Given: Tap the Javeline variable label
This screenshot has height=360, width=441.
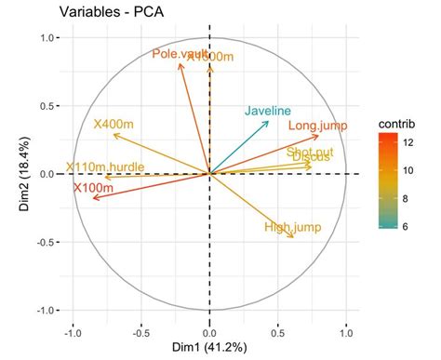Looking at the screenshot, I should (268, 111).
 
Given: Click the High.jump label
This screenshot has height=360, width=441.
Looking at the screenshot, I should (292, 227).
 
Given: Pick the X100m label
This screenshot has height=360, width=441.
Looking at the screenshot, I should (93, 189).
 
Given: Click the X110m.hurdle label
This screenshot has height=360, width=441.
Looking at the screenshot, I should (107, 168).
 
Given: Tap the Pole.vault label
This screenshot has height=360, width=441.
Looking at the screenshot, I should (179, 55).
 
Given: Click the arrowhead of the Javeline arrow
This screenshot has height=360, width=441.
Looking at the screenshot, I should (269, 122).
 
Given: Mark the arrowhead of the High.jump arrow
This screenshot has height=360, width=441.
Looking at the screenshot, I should (294, 237).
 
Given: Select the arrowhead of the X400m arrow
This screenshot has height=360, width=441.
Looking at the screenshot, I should (113, 134).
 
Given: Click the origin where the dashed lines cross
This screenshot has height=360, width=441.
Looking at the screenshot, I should (209, 174).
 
